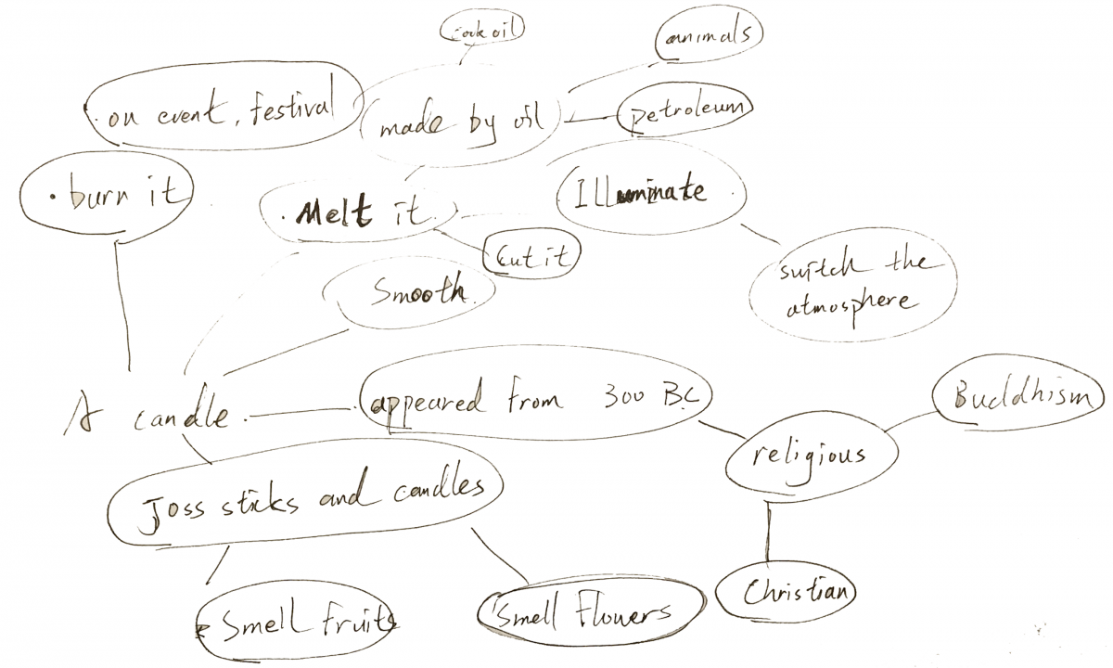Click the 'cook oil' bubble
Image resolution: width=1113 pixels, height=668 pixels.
(x=481, y=31)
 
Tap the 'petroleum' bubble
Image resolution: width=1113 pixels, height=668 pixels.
(x=685, y=111)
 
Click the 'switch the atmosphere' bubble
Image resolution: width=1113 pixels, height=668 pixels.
(x=851, y=285)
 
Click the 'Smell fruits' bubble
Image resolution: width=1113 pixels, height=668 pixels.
(x=301, y=624)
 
